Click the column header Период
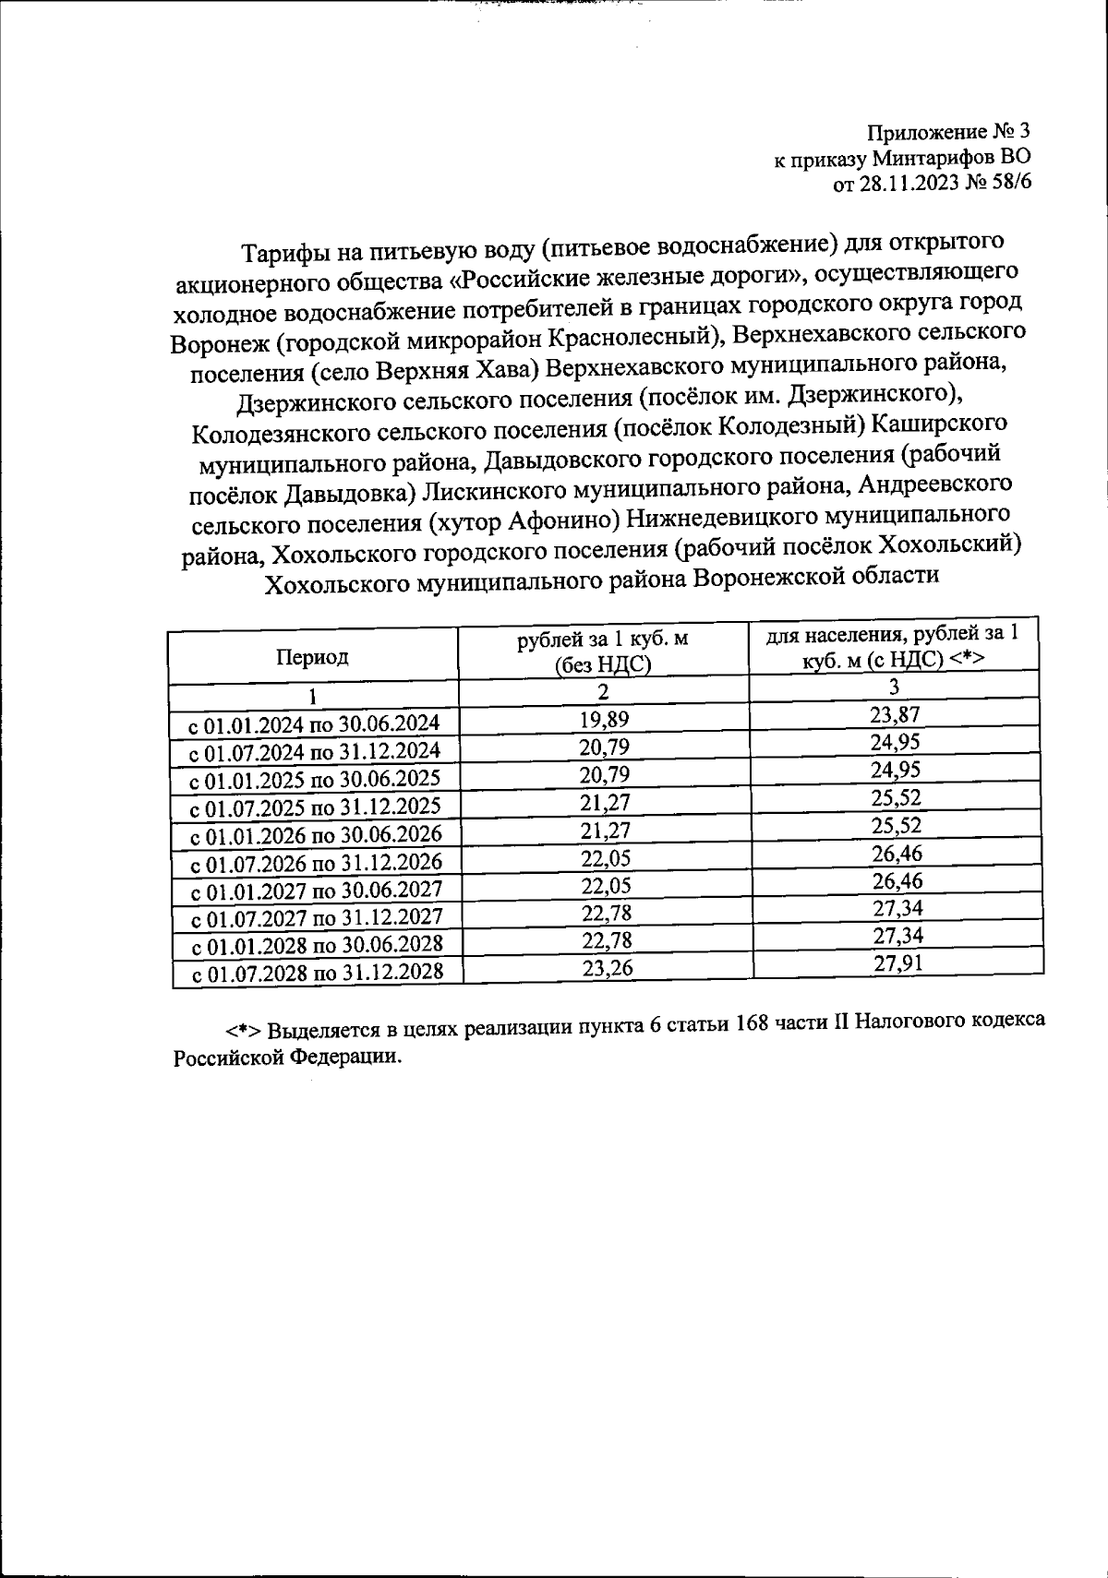click(312, 657)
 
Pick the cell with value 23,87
click(895, 714)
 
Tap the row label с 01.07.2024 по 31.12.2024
click(315, 750)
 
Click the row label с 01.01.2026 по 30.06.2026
click(315, 835)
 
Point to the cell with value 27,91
click(897, 963)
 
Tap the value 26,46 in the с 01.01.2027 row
click(897, 880)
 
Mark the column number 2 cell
click(603, 691)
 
